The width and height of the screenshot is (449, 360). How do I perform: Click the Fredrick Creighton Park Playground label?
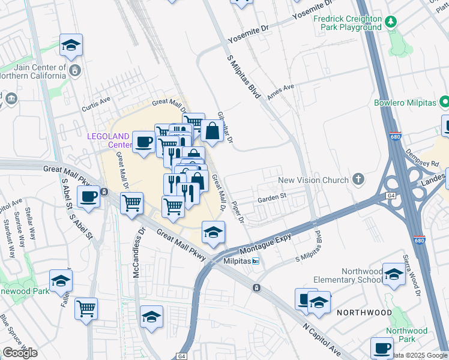coord(348,23)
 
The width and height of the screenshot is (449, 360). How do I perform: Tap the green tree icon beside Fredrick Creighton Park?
coord(391,22)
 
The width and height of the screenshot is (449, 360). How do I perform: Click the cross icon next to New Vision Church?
coord(358,179)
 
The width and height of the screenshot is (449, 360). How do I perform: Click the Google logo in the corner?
coord(20,353)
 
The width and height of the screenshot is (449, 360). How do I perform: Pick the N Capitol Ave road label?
coord(322,340)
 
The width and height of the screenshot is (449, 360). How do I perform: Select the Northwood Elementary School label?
coord(347,275)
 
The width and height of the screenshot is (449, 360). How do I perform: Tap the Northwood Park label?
coord(407,335)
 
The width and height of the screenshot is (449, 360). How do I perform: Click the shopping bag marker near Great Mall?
coord(212,130)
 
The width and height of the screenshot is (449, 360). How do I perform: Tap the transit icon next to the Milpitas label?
coord(256,261)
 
